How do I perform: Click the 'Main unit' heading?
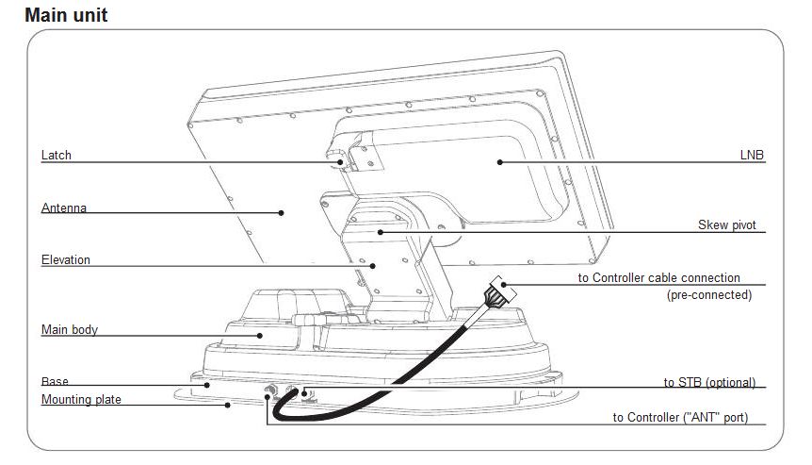click(66, 15)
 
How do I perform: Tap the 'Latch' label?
click(56, 155)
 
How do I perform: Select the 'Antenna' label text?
click(64, 208)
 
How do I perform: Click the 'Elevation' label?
click(66, 259)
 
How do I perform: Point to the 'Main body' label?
click(70, 330)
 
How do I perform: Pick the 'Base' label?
click(55, 382)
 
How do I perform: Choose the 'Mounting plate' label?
click(81, 400)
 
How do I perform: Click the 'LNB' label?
click(752, 155)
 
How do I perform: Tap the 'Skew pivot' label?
click(727, 225)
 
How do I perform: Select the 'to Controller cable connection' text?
click(658, 278)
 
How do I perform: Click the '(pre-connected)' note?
click(709, 295)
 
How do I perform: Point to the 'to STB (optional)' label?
click(709, 383)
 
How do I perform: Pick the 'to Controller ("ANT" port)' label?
click(680, 417)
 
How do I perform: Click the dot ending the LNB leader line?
click(500, 162)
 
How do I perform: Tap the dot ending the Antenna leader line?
click(282, 212)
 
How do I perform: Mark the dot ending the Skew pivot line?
click(381, 232)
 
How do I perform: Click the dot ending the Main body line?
click(260, 336)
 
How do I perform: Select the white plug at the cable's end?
click(502, 290)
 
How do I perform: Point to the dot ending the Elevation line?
click(373, 266)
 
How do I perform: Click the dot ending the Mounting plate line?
click(228, 405)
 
